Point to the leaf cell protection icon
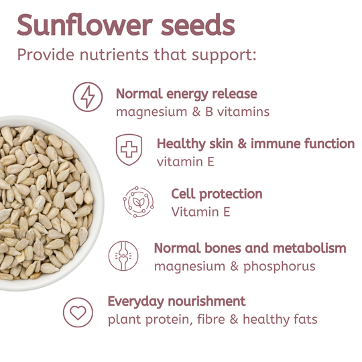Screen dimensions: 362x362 (x=138, y=200)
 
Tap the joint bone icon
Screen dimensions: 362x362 (x=125, y=255)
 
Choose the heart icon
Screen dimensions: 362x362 (x=78, y=312)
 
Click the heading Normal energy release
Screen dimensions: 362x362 (x=186, y=94)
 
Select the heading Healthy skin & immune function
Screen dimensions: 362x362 (x=255, y=143)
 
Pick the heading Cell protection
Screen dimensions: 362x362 (x=217, y=194)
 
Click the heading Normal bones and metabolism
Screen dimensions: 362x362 (x=250, y=248)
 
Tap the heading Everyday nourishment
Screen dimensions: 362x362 (x=176, y=301)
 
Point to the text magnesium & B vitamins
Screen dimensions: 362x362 (x=192, y=112)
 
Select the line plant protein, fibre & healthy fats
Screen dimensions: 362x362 (x=213, y=319)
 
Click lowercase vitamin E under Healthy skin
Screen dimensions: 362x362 (x=186, y=162)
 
